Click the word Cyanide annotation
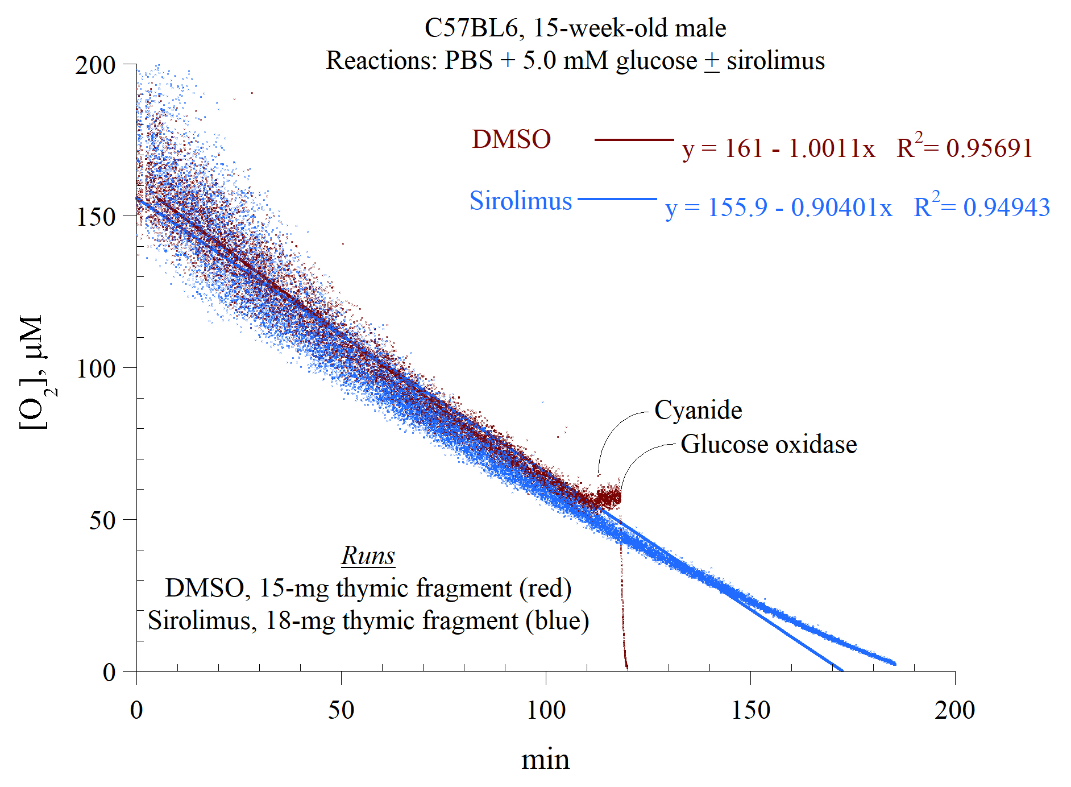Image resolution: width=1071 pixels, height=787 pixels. pos(698,410)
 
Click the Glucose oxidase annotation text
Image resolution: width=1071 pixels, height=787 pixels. pos(769,445)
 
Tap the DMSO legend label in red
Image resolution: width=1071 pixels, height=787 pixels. pos(511,139)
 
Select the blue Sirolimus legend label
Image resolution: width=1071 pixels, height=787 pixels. pos(520,201)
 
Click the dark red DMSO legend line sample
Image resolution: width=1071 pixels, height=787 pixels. pos(634,139)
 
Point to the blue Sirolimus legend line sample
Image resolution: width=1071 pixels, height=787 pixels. pos(617,199)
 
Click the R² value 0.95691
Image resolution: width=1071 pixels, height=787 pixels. pos(989,149)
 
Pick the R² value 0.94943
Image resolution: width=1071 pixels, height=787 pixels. pos(1006,208)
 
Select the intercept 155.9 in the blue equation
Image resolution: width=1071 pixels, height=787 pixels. pos(737,208)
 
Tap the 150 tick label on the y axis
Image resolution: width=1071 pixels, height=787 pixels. pos(96,217)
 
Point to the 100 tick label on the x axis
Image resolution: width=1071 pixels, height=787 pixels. pos(546,710)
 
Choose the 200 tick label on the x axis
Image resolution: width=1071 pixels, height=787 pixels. pos(954,710)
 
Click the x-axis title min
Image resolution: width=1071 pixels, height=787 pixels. pos(545,760)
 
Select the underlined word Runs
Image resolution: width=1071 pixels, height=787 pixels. pos(368,556)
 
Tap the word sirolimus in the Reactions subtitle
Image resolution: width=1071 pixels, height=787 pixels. pos(775,61)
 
